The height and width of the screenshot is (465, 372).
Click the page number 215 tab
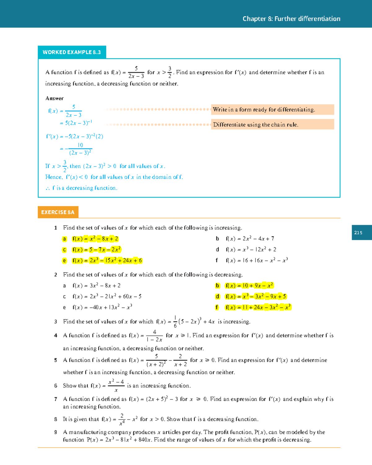361,233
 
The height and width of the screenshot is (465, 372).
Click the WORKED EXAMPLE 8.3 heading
72,52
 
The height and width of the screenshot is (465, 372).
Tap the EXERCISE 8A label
58,212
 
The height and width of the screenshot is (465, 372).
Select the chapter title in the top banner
291,19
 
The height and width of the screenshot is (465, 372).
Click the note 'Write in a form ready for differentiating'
264,110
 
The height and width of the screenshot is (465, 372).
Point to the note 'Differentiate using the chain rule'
255,125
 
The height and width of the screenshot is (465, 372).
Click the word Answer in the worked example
55,98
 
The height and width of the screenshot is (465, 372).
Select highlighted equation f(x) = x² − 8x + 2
95,239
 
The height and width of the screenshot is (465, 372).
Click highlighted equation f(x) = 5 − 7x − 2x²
96,250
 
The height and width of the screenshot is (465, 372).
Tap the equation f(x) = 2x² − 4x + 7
250,239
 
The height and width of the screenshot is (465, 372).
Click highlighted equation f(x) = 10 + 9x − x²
249,286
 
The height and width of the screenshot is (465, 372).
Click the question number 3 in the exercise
55,322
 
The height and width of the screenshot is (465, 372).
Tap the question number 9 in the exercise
55,432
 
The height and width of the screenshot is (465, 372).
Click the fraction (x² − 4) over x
116,386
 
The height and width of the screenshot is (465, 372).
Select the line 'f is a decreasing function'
82,188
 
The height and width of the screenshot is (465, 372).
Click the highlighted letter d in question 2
217,296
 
